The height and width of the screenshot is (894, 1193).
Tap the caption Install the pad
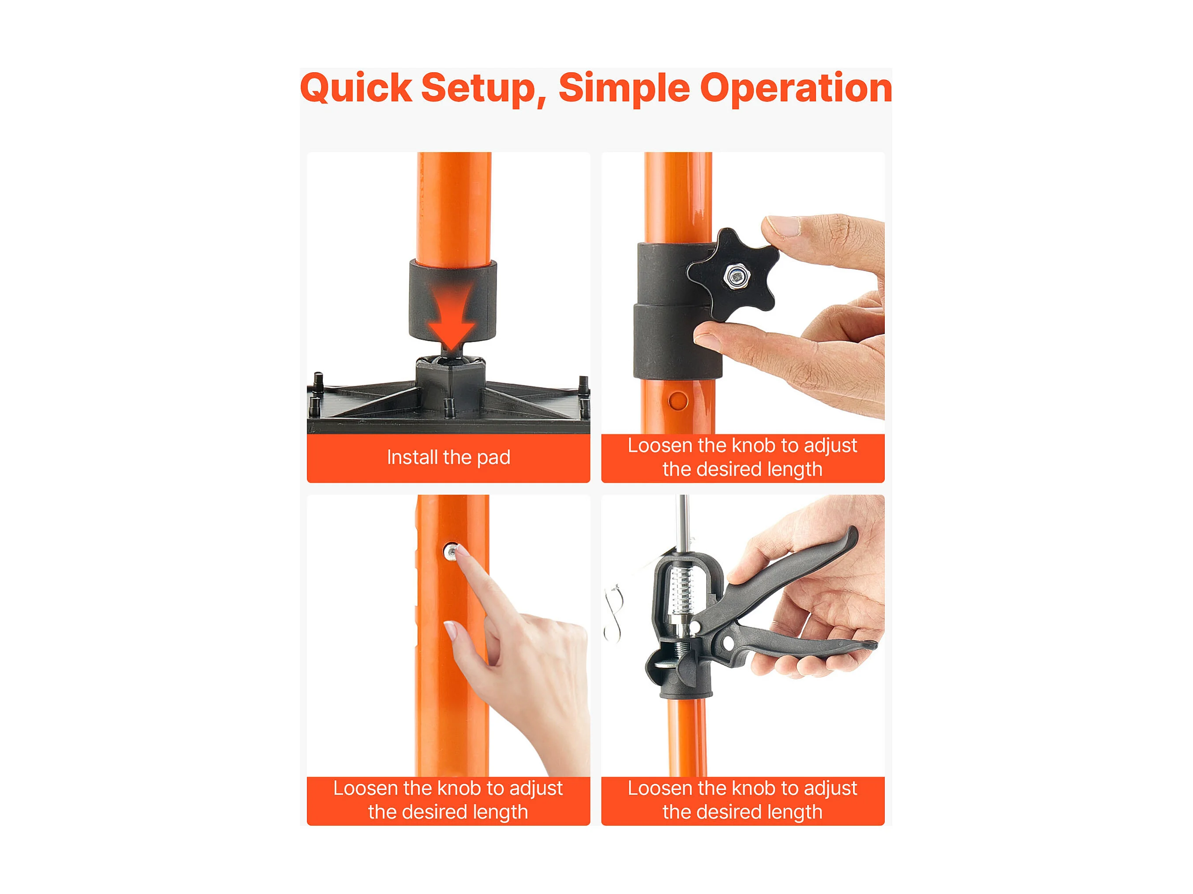pos(448,457)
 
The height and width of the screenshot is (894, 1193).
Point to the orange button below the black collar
pos(677,401)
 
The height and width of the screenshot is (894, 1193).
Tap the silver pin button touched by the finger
pos(450,551)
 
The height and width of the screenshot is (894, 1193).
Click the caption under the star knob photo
pos(742,457)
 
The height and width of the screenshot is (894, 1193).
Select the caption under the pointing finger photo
pos(448,800)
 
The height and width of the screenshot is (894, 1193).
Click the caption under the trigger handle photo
pos(742,800)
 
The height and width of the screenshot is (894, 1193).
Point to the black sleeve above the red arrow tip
pos(453,300)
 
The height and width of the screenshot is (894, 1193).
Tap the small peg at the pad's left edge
pos(318,382)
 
